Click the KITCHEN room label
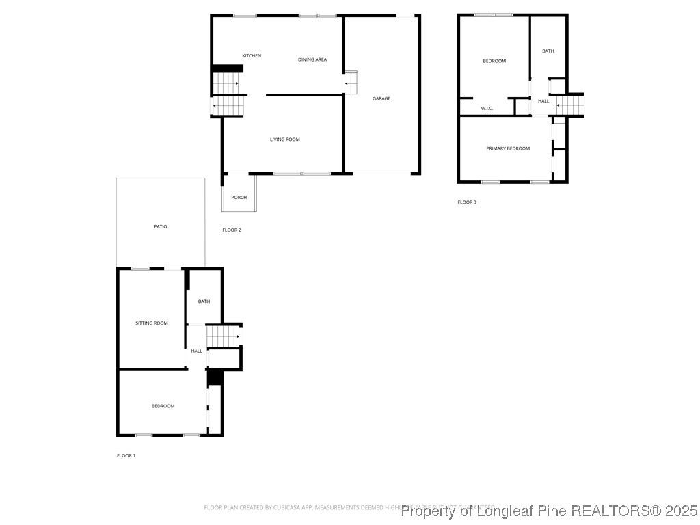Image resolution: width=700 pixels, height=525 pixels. coord(252,56)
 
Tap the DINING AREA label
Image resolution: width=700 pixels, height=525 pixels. coord(312,60)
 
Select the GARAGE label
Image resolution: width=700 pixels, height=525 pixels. coord(381,99)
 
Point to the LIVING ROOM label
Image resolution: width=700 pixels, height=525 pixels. coord(285,140)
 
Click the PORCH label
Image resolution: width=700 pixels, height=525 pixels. coord(239,198)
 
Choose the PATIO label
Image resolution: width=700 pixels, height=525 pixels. coord(160,227)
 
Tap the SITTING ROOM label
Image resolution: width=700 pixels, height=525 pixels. coord(152,323)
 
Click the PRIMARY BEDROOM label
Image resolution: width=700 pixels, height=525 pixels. coord(508,149)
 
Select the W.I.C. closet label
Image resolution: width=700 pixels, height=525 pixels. coord(487,109)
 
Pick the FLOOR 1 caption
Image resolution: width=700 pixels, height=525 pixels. coord(126,456)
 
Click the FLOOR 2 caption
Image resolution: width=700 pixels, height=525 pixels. coord(232,230)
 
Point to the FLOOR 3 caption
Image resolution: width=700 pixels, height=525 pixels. coord(467,202)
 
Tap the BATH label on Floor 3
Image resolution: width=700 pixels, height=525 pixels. coord(548,51)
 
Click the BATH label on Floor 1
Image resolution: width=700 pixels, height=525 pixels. coord(204,301)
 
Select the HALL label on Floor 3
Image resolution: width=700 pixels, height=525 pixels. coord(543,102)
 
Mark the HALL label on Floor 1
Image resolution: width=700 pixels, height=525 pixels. coord(197,351)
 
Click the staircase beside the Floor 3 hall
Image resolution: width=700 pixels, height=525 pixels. coord(571,105)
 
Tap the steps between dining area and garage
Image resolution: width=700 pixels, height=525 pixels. coord(351,83)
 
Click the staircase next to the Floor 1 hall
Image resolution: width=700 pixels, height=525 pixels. coord(223,336)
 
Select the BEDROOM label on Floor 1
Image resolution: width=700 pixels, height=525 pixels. coord(163,407)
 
